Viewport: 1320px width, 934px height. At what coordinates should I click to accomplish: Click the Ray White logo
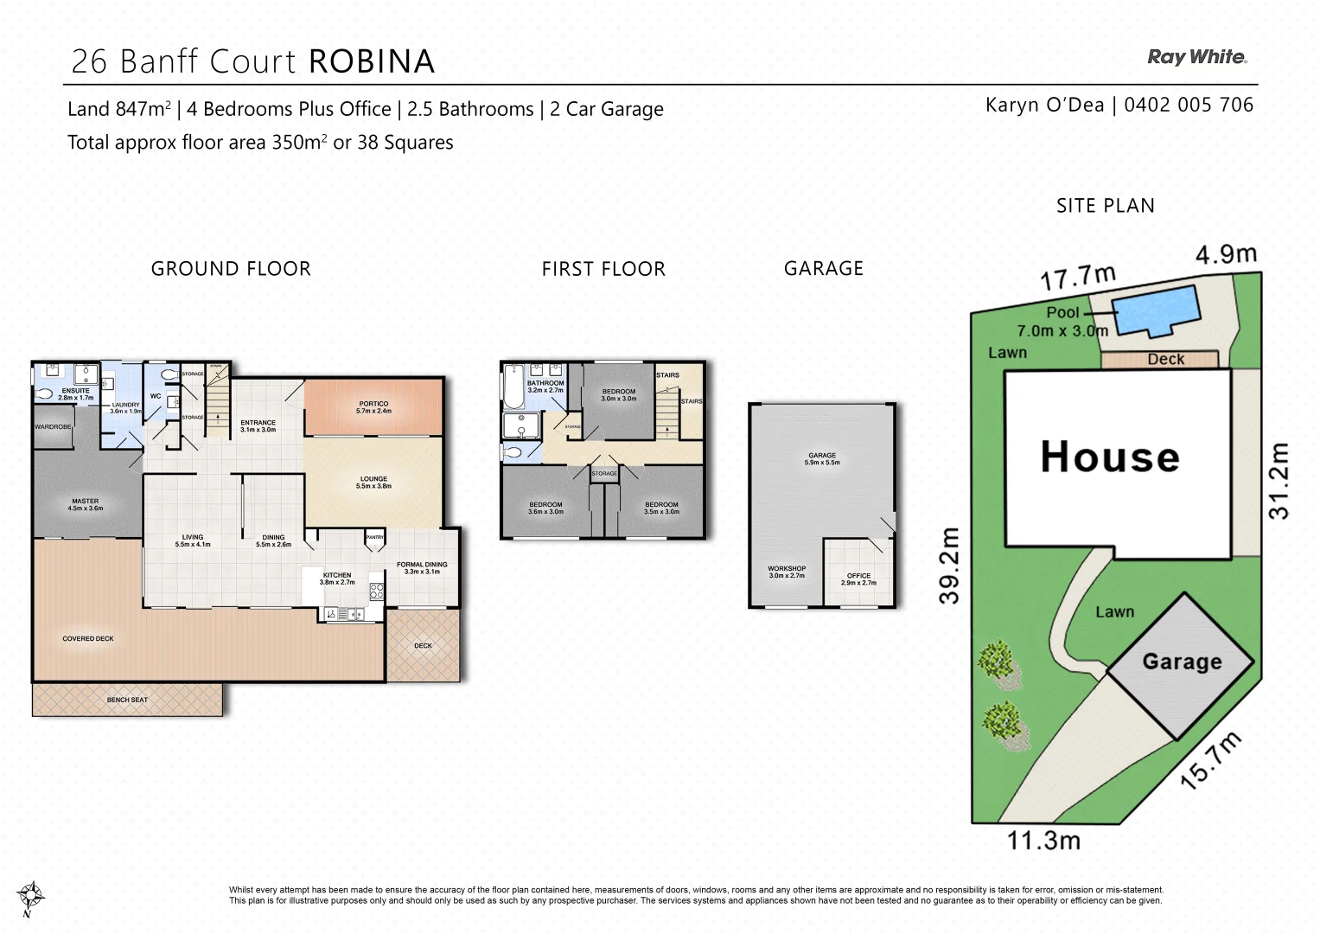tap(1197, 57)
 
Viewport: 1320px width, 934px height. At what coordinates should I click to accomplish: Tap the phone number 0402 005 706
tap(1189, 106)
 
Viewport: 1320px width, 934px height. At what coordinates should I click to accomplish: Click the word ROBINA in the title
tap(372, 61)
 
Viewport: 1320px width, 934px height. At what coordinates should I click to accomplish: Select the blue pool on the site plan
tap(1157, 310)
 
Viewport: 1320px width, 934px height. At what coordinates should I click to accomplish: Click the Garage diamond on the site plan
tap(1181, 662)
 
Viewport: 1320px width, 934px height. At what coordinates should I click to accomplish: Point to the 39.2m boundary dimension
tap(949, 565)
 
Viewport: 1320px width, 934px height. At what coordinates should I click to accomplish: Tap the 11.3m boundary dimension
tap(1043, 840)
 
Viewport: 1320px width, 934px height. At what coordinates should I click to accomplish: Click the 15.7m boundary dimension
tap(1211, 759)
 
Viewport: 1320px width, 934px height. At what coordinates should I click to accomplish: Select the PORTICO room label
tap(373, 406)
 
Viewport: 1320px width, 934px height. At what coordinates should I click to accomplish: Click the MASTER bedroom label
tap(86, 504)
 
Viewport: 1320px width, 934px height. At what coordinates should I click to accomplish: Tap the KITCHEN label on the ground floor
tap(337, 578)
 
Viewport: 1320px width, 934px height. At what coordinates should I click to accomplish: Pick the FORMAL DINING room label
tap(422, 567)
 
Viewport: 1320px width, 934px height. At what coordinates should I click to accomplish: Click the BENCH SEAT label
tap(127, 700)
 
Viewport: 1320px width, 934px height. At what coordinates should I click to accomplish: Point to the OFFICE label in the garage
tap(858, 579)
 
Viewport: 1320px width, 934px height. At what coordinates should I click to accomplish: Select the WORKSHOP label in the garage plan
tap(787, 572)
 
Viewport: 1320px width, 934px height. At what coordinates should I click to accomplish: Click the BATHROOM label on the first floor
tap(545, 386)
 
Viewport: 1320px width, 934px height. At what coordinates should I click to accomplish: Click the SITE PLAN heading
tap(1105, 206)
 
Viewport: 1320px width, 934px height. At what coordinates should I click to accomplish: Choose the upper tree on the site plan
tap(998, 662)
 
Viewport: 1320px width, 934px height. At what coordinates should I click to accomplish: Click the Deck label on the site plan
tap(1165, 360)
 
